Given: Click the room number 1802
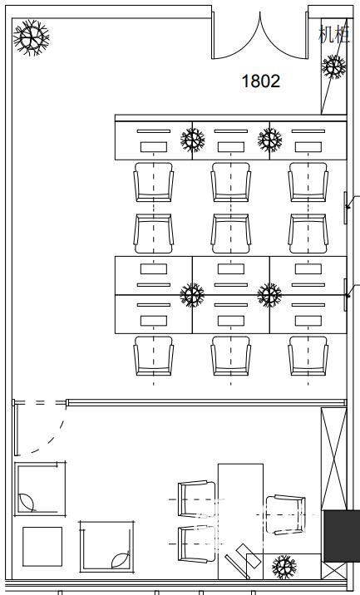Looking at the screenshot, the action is pos(261,81).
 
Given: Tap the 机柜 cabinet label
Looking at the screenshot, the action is pos(333,34).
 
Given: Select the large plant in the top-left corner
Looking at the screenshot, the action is pos(31,37).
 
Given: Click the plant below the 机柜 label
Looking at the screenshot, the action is pos(333,66).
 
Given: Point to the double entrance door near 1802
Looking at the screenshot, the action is pos(260,35).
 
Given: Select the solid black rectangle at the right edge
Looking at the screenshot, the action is pos(342,536).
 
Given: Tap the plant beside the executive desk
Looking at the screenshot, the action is pos(284,567).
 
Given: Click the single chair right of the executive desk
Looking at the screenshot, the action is pos(285,514).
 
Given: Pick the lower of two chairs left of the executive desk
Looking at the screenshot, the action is pos(197,543).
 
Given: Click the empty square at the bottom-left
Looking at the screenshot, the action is pos(42,547).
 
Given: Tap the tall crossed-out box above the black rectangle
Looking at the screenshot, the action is pos(333,459).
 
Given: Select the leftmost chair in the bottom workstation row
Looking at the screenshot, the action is pos(154,356).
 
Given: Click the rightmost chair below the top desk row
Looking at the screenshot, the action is pos(308,182).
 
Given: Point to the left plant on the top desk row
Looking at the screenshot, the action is pos(193,140).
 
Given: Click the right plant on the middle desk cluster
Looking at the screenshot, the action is pos(269,295).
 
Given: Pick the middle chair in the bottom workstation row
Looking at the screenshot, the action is pos(231,356).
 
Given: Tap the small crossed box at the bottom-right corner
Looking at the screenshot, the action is pos(333,571).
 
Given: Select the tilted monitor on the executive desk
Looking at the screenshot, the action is pos(243,561).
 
